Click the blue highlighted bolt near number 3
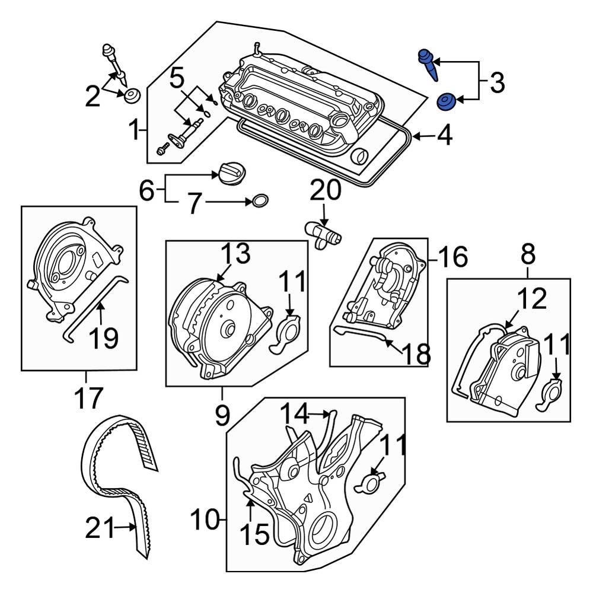429,64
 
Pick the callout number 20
326,191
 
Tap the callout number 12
531,300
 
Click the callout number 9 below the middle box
221,415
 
